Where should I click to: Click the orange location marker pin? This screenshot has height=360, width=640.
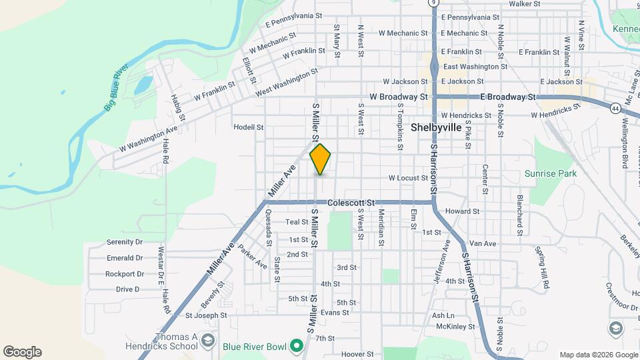pyautogui.click(x=321, y=159)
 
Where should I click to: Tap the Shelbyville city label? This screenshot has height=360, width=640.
pyautogui.click(x=437, y=127)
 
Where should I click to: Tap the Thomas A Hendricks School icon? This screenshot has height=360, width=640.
pyautogui.click(x=207, y=341)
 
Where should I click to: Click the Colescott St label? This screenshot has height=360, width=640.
pyautogui.click(x=352, y=203)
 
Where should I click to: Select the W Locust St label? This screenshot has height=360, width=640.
pyautogui.click(x=408, y=178)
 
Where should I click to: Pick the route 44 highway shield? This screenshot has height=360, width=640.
pyautogui.click(x=613, y=107)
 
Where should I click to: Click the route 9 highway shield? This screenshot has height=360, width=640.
pyautogui.click(x=434, y=3)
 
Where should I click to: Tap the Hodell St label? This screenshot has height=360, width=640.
pyautogui.click(x=249, y=127)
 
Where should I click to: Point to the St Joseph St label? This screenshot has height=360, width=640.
pyautogui.click(x=206, y=315)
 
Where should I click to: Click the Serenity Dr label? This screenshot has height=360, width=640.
pyautogui.click(x=125, y=242)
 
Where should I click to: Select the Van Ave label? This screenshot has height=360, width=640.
pyautogui.click(x=483, y=243)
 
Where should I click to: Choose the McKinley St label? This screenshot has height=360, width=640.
pyautogui.click(x=455, y=327)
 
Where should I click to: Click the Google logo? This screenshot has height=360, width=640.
pyautogui.click(x=22, y=352)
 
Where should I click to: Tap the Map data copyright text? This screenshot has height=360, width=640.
pyautogui.click(x=597, y=355)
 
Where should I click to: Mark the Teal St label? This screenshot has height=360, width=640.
pyautogui.click(x=296, y=222)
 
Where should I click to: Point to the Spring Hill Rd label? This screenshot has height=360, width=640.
pyautogui.click(x=541, y=267)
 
